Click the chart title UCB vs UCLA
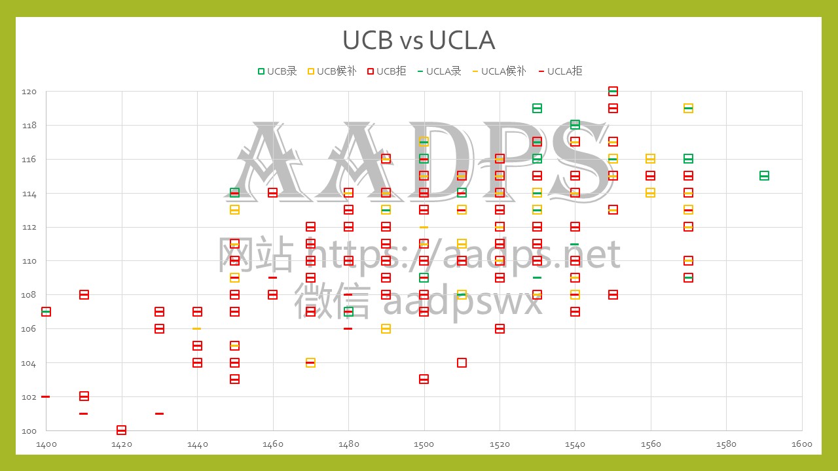click(418, 41)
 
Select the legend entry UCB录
click(278, 71)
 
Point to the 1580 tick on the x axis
click(726, 444)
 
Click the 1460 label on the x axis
click(273, 444)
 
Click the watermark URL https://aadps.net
click(464, 255)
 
